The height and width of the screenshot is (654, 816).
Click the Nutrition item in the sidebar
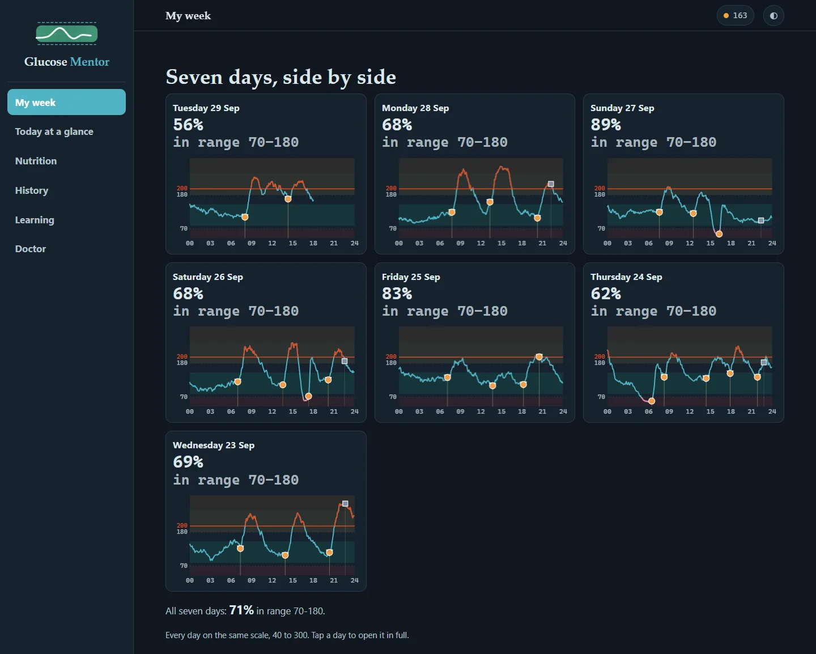(36, 161)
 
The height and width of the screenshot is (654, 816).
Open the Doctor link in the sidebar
(31, 249)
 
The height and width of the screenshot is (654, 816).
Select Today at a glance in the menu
(54, 131)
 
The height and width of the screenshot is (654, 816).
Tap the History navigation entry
(32, 190)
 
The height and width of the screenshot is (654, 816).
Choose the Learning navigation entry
(35, 220)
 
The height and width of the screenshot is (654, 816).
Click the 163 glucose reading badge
(735, 15)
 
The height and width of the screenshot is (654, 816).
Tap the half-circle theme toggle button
(773, 15)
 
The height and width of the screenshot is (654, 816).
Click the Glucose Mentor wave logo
(67, 33)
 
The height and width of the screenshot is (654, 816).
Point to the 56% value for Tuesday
(188, 125)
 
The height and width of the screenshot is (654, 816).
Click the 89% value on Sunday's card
(606, 125)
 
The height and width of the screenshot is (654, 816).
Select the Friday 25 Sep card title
(411, 277)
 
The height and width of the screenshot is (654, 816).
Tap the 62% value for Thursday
(606, 294)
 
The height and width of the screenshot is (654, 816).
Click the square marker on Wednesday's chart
(345, 504)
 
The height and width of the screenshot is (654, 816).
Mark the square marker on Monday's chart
(551, 184)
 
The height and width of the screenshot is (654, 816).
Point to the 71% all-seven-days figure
(241, 610)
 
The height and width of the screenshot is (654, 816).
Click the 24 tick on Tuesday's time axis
(355, 243)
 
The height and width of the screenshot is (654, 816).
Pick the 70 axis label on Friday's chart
(393, 397)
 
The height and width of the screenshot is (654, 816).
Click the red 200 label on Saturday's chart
(182, 356)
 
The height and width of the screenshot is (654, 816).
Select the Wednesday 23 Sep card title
(214, 445)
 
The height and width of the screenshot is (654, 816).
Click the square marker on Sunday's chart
(760, 220)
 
